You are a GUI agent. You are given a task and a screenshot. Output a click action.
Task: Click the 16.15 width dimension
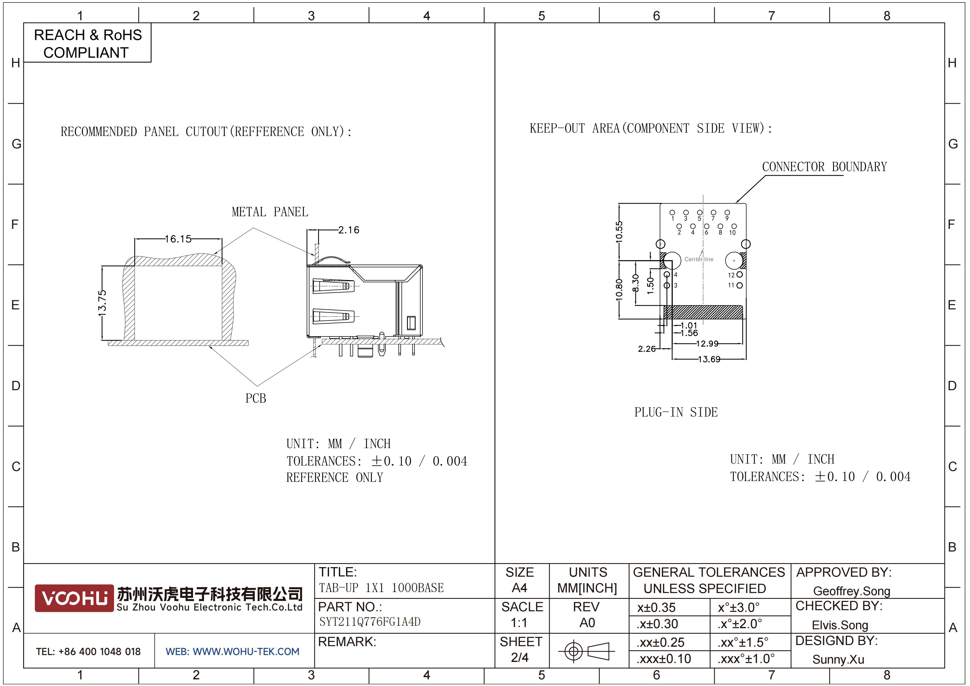[x=178, y=239]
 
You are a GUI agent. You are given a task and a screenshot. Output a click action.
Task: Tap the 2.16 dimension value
[x=348, y=230]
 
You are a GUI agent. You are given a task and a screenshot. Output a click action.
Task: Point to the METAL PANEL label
[x=270, y=212]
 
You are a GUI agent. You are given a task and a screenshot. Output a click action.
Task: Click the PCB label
[x=255, y=398]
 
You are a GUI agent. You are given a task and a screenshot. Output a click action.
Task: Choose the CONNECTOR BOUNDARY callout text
[x=824, y=167]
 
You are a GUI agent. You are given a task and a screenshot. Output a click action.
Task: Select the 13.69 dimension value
[x=709, y=359]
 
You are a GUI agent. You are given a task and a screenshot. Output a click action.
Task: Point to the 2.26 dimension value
[x=647, y=349]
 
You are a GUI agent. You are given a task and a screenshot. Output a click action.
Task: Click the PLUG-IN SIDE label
[x=676, y=412]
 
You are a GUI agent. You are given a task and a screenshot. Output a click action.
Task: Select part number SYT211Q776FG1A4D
[x=370, y=622]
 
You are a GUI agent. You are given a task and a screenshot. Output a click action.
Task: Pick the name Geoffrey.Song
[x=852, y=591]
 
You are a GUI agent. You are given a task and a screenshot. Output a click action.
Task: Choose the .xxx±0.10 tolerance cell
[x=664, y=659]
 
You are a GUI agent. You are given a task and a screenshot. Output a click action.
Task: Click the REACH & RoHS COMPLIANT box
[x=87, y=43]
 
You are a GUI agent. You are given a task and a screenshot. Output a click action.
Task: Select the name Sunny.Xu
[x=838, y=659]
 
